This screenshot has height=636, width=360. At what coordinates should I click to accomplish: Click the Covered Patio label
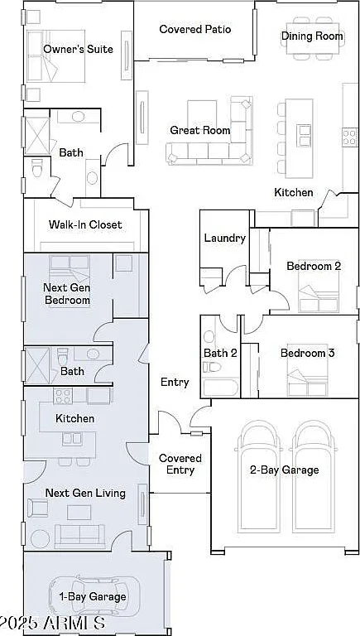[195, 29]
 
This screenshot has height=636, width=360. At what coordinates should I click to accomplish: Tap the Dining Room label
[312, 36]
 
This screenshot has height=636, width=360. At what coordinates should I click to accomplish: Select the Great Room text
[200, 130]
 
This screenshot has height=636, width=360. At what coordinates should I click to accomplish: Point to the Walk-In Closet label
[85, 224]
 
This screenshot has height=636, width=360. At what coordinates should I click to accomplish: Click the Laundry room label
[224, 238]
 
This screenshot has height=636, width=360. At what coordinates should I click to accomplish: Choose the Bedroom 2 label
[314, 266]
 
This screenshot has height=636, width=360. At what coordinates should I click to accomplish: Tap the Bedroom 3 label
[307, 353]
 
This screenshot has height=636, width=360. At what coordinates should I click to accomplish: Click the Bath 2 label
[220, 353]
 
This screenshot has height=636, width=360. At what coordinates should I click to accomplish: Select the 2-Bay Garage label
[284, 470]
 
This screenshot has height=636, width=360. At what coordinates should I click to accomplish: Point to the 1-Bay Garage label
[93, 596]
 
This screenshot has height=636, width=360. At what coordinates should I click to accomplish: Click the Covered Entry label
[180, 464]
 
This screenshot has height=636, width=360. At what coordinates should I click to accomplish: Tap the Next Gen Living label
[85, 494]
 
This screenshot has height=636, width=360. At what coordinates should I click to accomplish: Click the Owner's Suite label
[79, 49]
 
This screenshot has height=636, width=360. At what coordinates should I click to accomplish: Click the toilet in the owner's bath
[37, 167]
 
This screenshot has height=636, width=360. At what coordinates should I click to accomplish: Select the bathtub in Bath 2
[220, 388]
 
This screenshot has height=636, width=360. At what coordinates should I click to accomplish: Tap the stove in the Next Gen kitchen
[63, 396]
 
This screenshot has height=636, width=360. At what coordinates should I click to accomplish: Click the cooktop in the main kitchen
[350, 137]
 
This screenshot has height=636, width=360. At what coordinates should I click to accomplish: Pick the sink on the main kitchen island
[304, 136]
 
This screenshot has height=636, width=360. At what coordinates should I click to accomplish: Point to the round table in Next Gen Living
[40, 539]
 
